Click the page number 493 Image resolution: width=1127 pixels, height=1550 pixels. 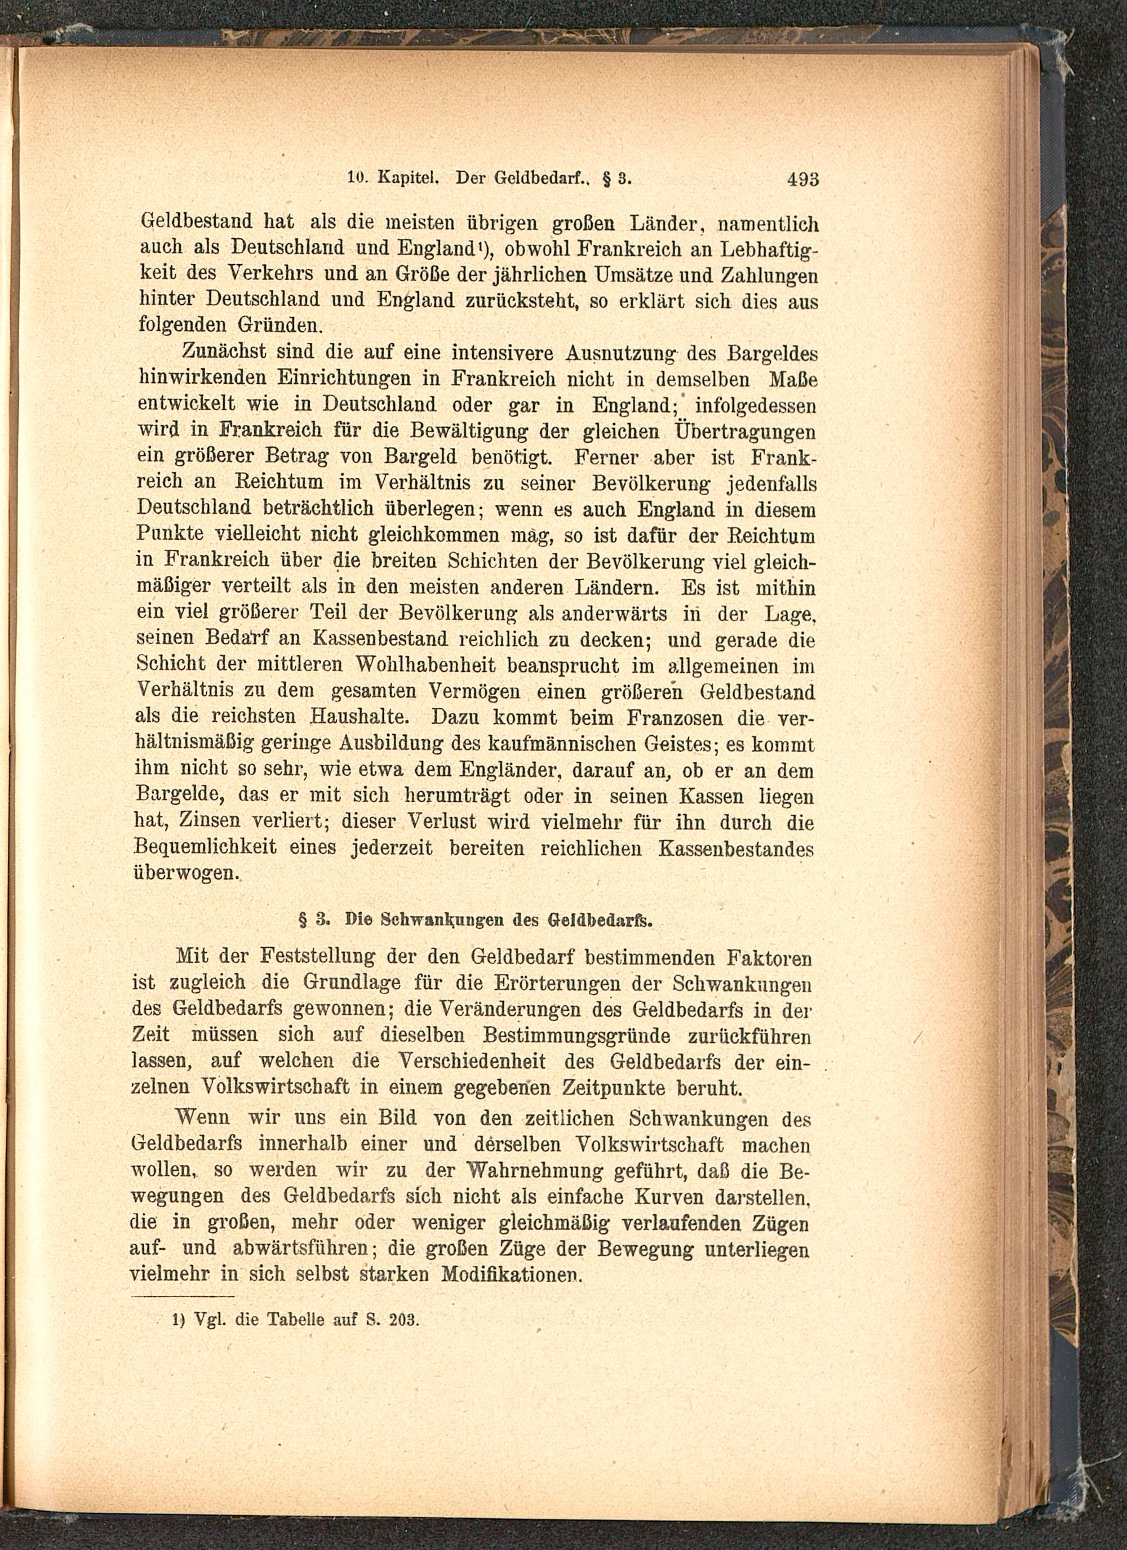(802, 180)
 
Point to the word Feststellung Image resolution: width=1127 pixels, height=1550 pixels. (319, 956)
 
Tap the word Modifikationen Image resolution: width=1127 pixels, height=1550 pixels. (511, 1274)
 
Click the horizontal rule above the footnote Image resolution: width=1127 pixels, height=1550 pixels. (183, 1296)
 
